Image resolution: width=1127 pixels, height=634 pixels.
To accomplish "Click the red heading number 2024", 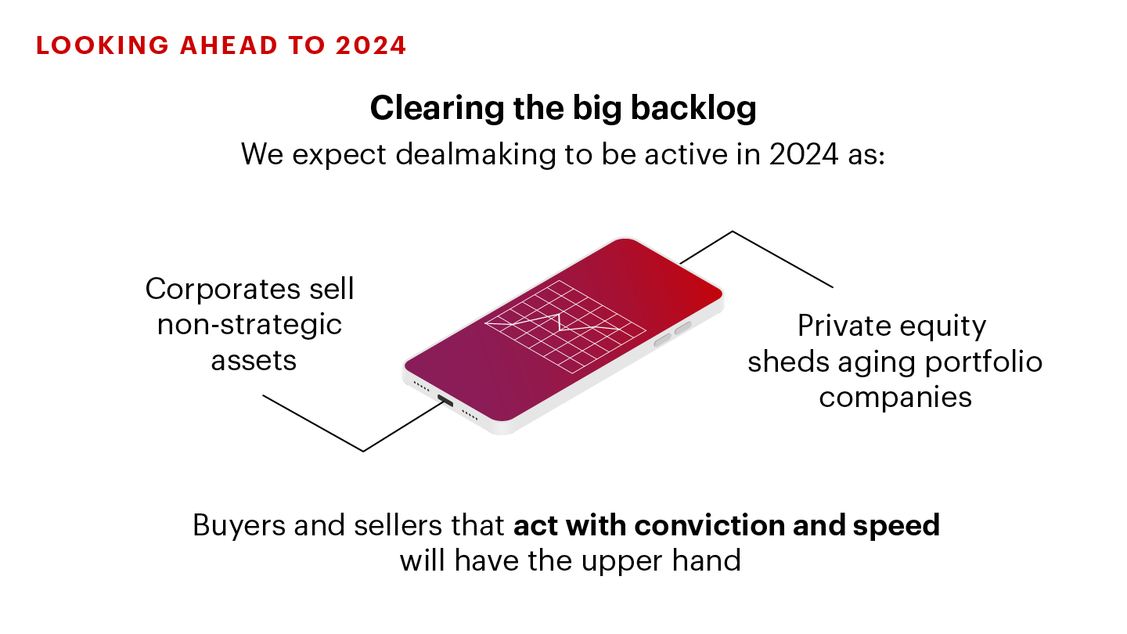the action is (371, 45).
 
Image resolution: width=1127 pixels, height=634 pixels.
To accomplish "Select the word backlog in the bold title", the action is (693, 109).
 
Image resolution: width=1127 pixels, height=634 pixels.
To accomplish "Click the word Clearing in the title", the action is (437, 109).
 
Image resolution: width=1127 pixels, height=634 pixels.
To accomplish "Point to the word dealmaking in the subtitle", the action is (476, 154).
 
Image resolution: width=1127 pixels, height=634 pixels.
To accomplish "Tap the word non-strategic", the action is (250, 325).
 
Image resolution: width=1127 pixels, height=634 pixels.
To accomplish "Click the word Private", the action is (844, 326).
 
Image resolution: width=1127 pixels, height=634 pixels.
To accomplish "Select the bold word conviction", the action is (709, 525).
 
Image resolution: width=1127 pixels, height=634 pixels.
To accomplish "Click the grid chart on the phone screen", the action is (565, 326).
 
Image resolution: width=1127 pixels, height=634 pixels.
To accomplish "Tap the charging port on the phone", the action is (445, 401).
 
